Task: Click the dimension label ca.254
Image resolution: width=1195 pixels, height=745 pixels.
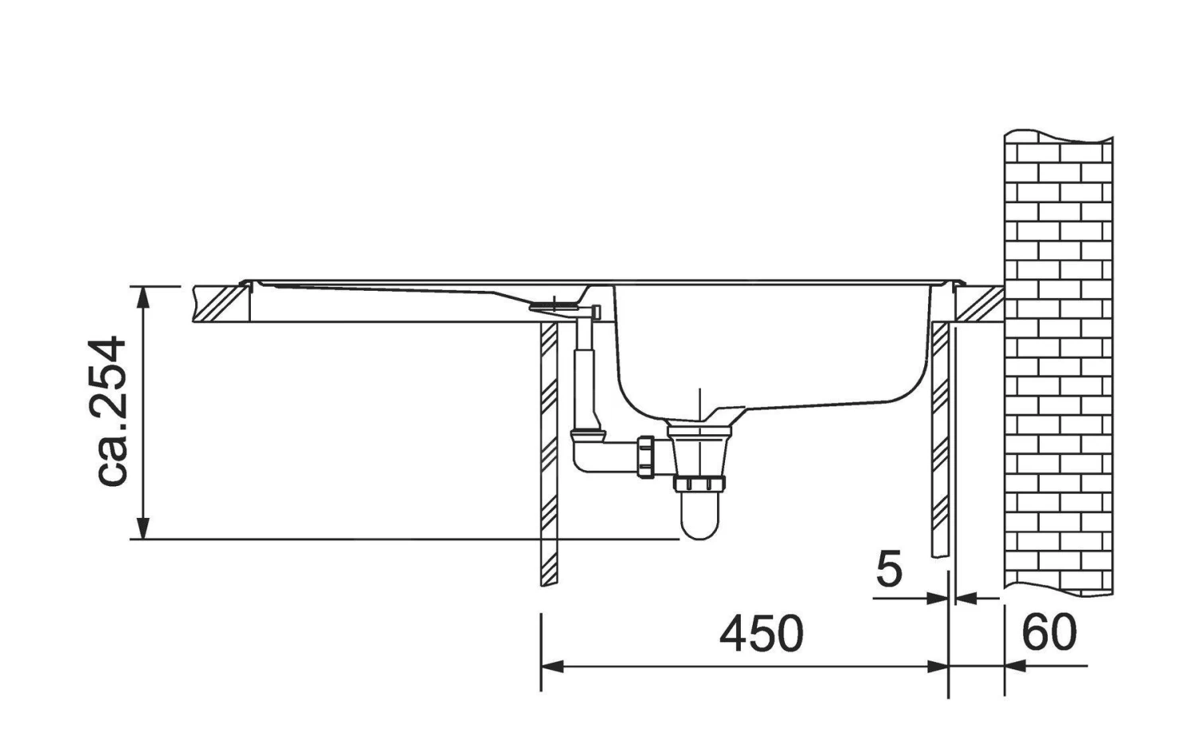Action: pos(109,411)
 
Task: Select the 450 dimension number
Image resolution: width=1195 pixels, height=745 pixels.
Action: pos(761,634)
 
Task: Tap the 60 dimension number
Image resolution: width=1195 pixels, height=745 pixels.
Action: pos(1049,633)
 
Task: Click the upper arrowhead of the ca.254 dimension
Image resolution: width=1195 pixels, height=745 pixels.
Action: pos(143,296)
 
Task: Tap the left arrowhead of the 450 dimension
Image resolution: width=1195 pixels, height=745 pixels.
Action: pos(552,666)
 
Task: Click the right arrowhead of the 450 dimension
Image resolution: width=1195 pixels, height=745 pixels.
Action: pos(937,666)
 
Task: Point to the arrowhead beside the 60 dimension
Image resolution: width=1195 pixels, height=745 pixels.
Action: pos(1016,666)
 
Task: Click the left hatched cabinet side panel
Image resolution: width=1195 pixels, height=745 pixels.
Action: pos(549,454)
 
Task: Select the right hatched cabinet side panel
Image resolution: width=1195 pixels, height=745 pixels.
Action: pos(940,438)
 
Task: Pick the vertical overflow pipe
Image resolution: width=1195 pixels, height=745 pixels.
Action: pos(584,374)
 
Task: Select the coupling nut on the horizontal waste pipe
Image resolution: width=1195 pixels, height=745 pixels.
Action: pos(645,458)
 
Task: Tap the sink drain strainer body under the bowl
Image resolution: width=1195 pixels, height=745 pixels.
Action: pos(699,450)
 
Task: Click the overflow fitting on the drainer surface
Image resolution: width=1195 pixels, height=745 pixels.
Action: pos(552,304)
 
